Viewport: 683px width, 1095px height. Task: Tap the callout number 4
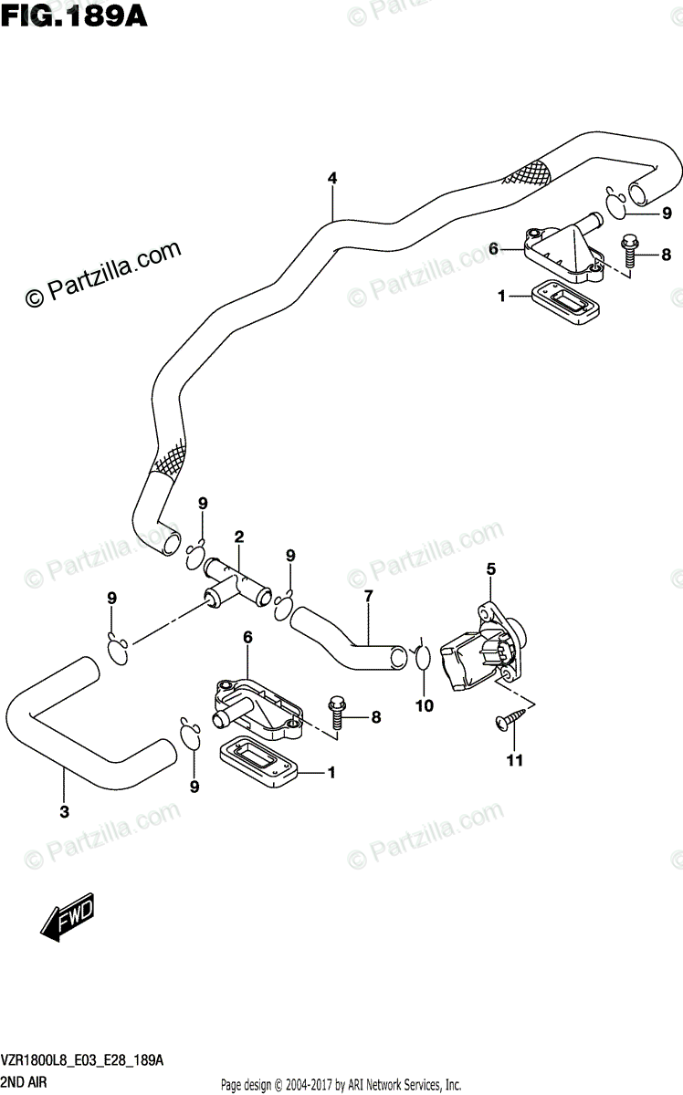[x=332, y=179]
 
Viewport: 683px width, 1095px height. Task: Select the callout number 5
[x=490, y=569]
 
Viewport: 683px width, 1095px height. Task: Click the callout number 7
[x=368, y=597]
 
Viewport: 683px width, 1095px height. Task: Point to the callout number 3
[x=64, y=811]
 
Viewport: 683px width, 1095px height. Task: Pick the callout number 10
[x=425, y=704]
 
